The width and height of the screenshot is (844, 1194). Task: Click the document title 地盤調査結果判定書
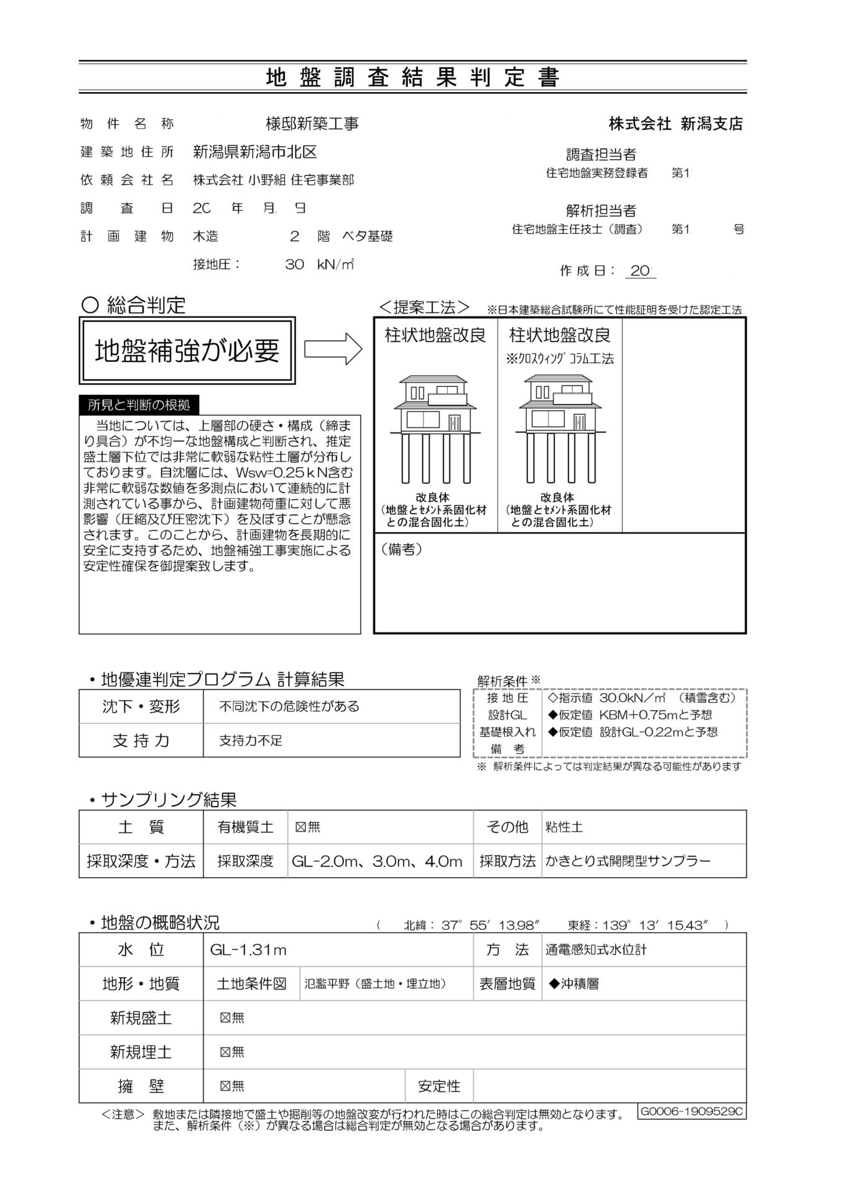pos(412,77)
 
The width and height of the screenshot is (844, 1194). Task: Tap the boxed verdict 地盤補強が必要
pos(187,351)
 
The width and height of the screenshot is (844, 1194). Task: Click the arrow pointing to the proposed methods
pos(333,349)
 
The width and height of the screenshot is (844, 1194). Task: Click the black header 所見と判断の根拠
pos(139,405)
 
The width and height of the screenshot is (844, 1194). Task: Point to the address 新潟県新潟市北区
pos(255,152)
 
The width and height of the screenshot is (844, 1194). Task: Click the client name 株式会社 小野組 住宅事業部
pos(273,180)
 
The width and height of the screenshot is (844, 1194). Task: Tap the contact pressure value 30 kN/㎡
pos(319,264)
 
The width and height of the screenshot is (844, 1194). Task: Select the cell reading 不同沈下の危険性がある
pos(289,706)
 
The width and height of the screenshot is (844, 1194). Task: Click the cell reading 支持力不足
pos(251,741)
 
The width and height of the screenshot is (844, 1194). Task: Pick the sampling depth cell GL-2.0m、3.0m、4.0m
pos(377,861)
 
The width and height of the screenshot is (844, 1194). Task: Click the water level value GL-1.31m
pos(248,950)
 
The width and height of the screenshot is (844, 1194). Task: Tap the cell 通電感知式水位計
pos(596,950)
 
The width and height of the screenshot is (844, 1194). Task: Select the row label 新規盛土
pos(141,1018)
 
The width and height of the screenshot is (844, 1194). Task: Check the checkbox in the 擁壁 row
pos(225,1086)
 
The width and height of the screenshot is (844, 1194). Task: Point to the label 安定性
pos(439,1086)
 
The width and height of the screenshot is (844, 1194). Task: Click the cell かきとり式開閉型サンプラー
pos(628,861)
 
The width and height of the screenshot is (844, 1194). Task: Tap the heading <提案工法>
pos(425,307)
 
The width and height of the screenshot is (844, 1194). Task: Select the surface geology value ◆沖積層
pos(573,984)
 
